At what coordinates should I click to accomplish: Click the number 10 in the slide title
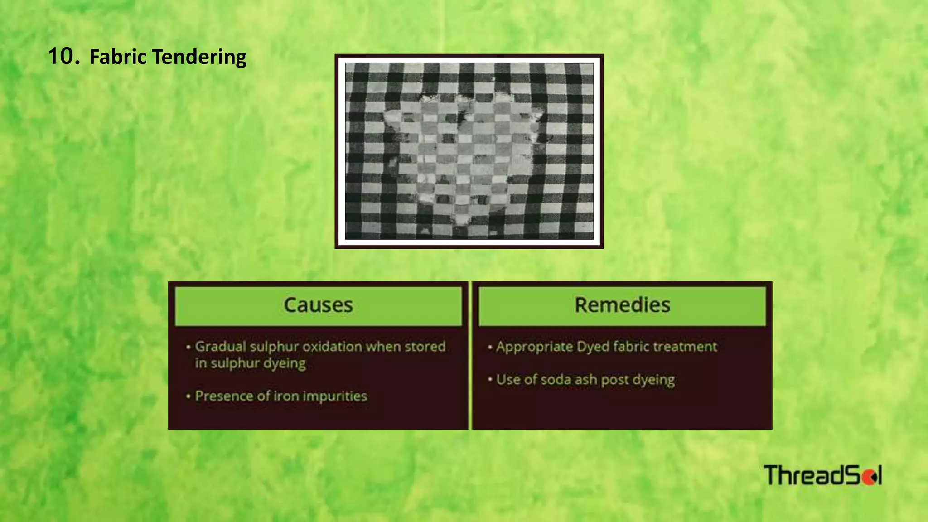click(x=64, y=57)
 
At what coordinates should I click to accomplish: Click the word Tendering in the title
click(x=199, y=58)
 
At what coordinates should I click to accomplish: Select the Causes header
click(x=318, y=305)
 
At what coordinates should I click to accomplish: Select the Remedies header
click(x=622, y=305)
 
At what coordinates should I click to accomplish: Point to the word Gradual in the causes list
click(x=220, y=347)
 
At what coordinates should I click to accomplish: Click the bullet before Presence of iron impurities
click(x=188, y=396)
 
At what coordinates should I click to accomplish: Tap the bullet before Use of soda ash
click(x=490, y=379)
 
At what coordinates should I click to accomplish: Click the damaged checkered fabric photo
click(x=469, y=151)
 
